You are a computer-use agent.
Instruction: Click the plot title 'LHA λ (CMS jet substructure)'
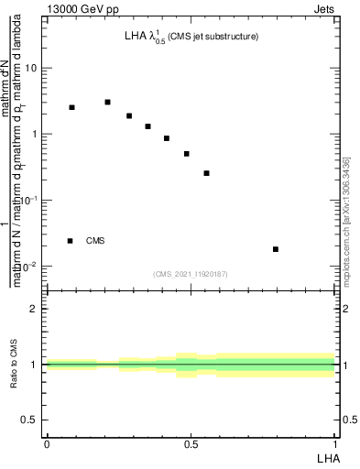click(191, 38)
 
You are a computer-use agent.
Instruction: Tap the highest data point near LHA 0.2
click(107, 102)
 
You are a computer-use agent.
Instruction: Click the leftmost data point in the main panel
click(71, 107)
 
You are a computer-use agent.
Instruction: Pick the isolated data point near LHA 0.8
click(276, 249)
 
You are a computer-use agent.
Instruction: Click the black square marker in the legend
click(70, 241)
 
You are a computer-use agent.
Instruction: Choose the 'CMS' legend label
click(95, 241)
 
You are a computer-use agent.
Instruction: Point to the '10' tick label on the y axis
click(32, 69)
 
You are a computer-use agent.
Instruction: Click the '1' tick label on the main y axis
click(36, 135)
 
